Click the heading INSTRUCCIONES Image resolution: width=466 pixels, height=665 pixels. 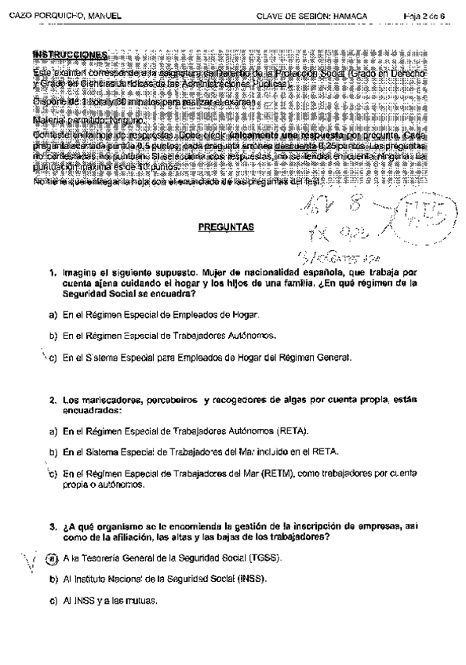coord(70,54)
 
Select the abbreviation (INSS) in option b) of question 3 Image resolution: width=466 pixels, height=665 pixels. coord(250,579)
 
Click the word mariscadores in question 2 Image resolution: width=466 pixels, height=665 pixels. coord(101,400)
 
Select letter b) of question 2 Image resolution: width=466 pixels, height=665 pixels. coord(52,452)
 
